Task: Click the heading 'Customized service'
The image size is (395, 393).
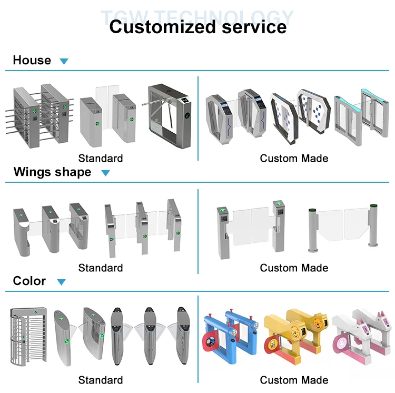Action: coord(197,26)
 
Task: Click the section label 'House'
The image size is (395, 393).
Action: coord(32,60)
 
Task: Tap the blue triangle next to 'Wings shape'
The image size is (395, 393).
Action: coord(105,173)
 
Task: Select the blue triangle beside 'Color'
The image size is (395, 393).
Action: coord(62,282)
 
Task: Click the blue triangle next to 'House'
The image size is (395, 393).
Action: coord(64,61)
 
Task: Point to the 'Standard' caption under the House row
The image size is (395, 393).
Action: coord(101,158)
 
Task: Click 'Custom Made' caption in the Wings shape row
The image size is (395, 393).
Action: coord(294,268)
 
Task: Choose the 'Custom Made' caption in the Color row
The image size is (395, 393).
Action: coord(294,380)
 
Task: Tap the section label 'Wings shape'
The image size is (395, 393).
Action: coord(52,172)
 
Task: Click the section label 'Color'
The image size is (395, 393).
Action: coord(29,281)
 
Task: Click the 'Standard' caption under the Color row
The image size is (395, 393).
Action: coord(101,380)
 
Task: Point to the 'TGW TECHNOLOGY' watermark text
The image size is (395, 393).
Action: coord(197,16)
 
